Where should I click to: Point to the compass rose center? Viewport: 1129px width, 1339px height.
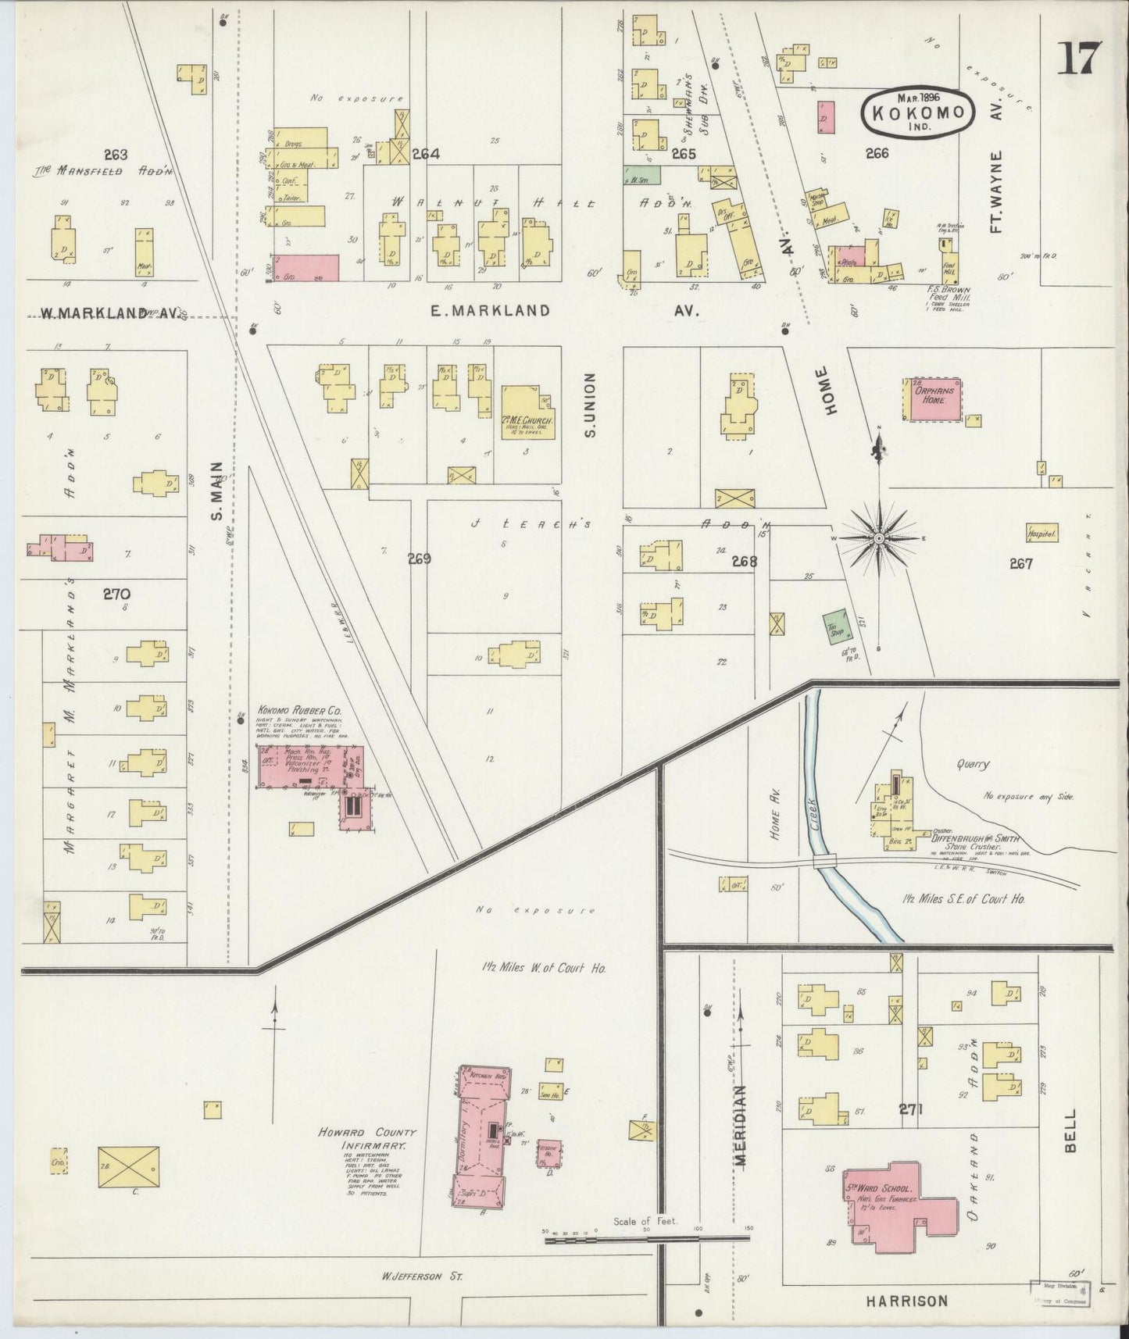[x=879, y=539]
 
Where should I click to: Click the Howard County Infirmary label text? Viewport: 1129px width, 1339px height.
[x=367, y=1138]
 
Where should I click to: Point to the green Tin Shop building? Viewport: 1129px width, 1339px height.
[x=838, y=625]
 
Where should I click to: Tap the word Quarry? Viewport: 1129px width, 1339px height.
[x=977, y=764]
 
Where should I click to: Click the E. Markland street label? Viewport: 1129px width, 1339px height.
[x=490, y=311]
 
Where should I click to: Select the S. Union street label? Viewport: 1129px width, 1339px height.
[x=590, y=405]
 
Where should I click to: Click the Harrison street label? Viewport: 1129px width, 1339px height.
[x=906, y=1301]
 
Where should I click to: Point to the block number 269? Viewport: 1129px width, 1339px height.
[x=419, y=559]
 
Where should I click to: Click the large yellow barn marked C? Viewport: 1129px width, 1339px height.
[x=129, y=1169]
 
